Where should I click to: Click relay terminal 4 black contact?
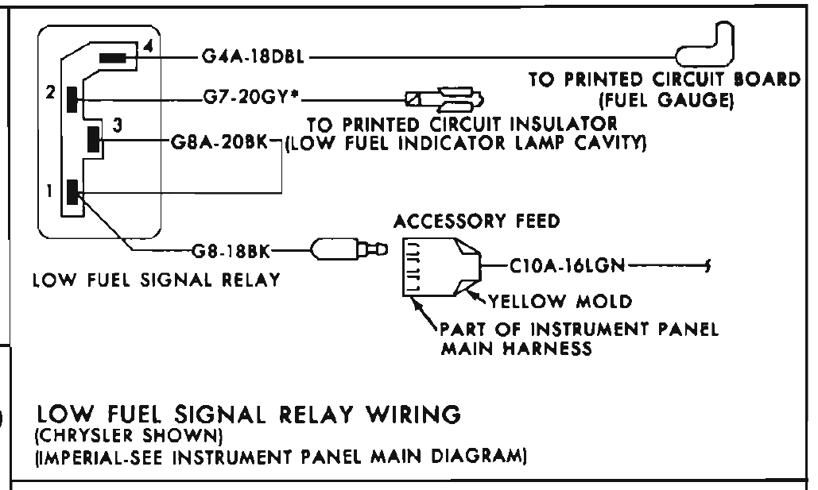coord(114,57)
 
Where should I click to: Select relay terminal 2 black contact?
coord(72,99)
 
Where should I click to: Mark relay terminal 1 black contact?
coord(72,192)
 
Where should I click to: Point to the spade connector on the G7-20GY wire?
coord(445,101)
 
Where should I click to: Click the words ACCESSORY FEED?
coord(476,222)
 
